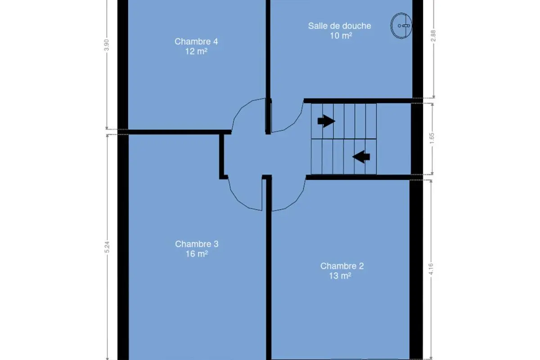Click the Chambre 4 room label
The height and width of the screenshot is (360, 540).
(196, 41)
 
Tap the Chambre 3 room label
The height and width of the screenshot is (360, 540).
(197, 244)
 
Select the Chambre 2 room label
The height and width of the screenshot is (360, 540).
(342, 266)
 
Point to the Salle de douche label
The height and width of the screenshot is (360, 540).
(339, 26)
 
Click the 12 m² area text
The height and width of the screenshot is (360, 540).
(196, 51)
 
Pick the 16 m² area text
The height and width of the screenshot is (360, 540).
(197, 254)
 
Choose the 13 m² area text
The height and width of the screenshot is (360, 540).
(340, 276)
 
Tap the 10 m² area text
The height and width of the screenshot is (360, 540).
(341, 36)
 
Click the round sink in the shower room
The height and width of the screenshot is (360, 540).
(401, 26)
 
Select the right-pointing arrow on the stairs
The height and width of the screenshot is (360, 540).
(326, 121)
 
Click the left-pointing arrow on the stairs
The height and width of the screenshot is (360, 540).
(361, 157)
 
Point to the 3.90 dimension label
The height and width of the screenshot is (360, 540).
(107, 45)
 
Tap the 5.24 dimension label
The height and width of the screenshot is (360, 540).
(107, 247)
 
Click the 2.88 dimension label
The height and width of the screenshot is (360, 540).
(433, 36)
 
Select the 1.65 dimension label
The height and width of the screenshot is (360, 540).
(432, 139)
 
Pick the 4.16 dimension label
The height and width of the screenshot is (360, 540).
(431, 269)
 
